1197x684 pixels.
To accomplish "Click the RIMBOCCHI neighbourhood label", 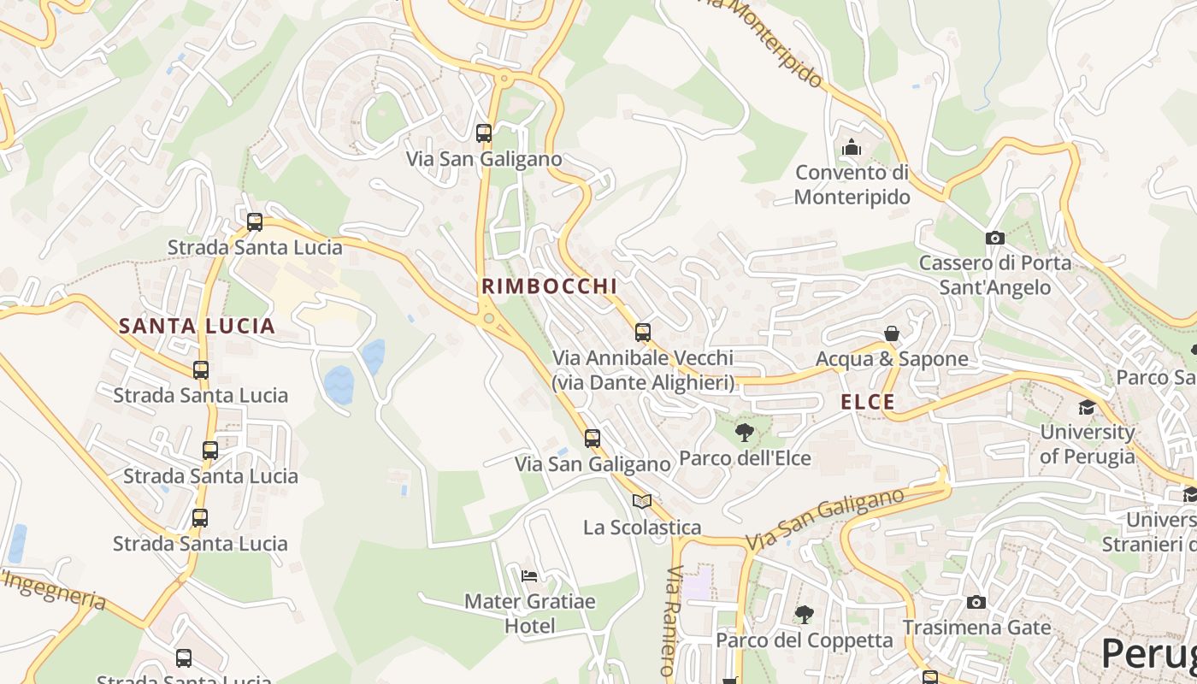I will [x=549, y=286].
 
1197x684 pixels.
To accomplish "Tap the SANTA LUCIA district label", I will [x=197, y=326].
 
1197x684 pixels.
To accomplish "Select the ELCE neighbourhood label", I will [x=868, y=402].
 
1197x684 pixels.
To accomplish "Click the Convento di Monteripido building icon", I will [x=851, y=148].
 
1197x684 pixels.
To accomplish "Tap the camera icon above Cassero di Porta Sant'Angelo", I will [x=994, y=238].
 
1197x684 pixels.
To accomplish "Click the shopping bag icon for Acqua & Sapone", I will [x=892, y=333].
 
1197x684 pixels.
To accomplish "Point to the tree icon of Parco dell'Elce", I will [x=745, y=433].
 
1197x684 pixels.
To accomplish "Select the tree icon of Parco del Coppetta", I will [x=804, y=614].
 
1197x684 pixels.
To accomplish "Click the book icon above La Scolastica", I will [x=642, y=501].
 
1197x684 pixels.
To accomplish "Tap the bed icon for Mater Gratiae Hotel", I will [x=529, y=575].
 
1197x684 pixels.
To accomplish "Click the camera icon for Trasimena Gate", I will [x=976, y=602].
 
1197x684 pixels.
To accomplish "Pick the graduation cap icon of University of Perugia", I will [x=1087, y=407].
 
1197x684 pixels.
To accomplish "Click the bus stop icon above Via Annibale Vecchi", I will [x=643, y=333].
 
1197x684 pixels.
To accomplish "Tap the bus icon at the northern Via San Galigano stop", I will [x=484, y=133].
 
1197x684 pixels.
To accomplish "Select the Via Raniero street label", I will [x=672, y=620].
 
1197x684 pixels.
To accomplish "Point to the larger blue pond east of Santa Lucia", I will [x=339, y=385].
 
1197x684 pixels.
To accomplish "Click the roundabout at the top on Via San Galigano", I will [x=504, y=79].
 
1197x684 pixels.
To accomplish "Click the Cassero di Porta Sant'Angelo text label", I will [x=994, y=274].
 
